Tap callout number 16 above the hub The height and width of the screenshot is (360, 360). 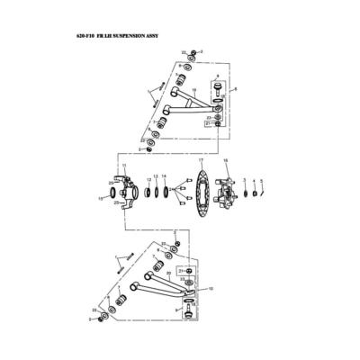(225, 160)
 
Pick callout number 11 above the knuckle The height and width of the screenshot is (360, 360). (124, 166)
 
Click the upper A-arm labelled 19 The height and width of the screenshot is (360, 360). (184, 103)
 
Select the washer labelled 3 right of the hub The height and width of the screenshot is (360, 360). (245, 191)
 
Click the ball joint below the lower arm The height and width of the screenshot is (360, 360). (189, 309)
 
